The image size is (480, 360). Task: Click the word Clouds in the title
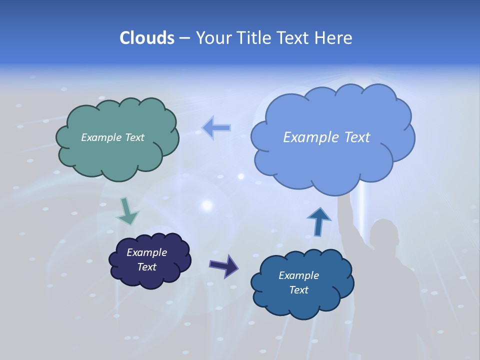[147, 38]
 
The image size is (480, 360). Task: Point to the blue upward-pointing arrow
[318, 221]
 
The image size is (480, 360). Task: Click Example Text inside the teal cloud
[112, 137]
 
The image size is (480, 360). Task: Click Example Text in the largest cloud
[326, 137]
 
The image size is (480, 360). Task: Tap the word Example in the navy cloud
[146, 252]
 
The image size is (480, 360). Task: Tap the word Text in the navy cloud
[146, 267]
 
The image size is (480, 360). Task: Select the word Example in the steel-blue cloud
[298, 275]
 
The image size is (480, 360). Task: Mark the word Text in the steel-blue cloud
[298, 290]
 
